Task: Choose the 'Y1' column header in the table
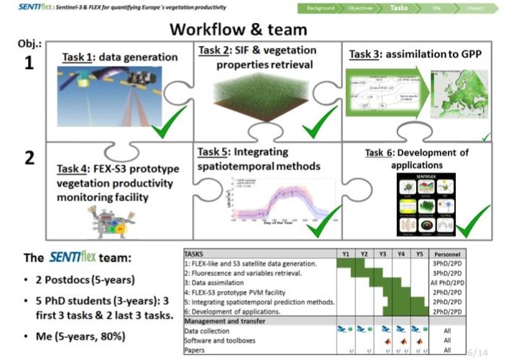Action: (346, 254)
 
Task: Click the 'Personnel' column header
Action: (447, 254)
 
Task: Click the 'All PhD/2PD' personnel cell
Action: (447, 283)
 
